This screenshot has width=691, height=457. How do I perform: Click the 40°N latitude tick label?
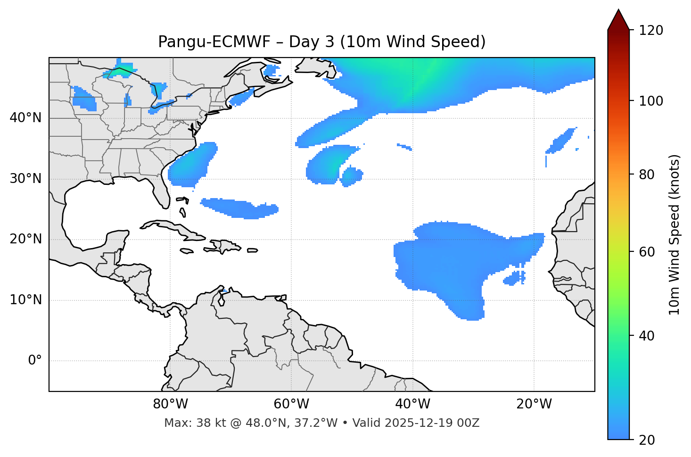coord(25,118)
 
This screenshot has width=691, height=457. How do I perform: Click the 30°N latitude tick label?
coord(25,179)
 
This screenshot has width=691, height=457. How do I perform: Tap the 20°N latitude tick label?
coord(25,239)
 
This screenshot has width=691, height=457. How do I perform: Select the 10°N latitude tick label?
coord(25,300)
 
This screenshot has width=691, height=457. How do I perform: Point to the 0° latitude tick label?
coord(35,361)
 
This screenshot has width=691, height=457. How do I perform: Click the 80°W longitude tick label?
coord(170,404)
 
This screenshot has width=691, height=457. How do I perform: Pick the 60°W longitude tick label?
coord(291,404)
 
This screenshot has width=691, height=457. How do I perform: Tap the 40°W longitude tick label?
coord(412,404)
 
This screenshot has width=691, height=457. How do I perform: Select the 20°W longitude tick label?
coord(534,404)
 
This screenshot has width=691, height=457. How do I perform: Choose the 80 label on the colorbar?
coord(647,174)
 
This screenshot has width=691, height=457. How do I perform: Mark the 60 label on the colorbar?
coord(647,252)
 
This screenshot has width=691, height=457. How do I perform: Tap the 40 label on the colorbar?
coord(647,336)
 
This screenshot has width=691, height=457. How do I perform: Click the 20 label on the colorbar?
coord(647,440)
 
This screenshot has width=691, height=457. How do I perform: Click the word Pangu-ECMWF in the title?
coord(214,42)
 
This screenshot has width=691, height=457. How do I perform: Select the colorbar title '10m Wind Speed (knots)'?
coord(675,234)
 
